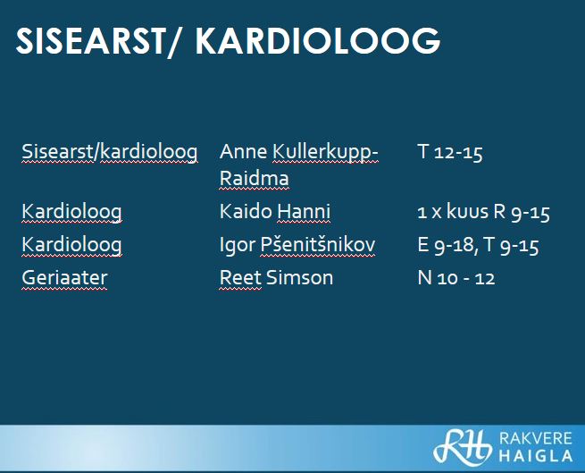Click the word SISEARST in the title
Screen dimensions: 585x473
pyautogui.click(x=90, y=41)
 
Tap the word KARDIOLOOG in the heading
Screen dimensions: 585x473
pyautogui.click(x=318, y=41)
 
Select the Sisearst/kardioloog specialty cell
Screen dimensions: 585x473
pyautogui.click(x=110, y=152)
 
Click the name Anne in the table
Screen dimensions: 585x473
pyautogui.click(x=243, y=152)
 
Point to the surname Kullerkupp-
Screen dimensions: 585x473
pyautogui.click(x=325, y=153)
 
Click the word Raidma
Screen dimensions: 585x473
pyautogui.click(x=255, y=178)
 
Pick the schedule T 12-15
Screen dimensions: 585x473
pyautogui.click(x=450, y=152)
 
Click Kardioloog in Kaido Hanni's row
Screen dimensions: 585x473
pyautogui.click(x=71, y=212)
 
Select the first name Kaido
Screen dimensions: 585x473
pyautogui.click(x=246, y=212)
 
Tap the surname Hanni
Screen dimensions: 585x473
pyautogui.click(x=304, y=212)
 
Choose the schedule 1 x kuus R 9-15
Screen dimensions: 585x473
pyautogui.click(x=483, y=212)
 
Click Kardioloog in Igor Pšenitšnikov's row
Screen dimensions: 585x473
pyautogui.click(x=71, y=245)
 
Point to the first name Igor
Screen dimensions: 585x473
pyautogui.click(x=238, y=246)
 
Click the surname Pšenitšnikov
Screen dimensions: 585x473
pyautogui.click(x=317, y=245)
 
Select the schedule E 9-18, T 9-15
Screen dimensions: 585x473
pyautogui.click(x=479, y=246)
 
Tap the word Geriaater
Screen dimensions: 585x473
pyautogui.click(x=64, y=278)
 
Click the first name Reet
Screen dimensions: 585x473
pyautogui.click(x=240, y=278)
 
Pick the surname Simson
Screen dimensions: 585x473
pyautogui.click(x=299, y=278)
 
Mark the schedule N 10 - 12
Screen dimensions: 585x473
pyautogui.click(x=456, y=278)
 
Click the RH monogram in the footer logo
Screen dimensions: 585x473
pyautogui.click(x=462, y=447)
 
